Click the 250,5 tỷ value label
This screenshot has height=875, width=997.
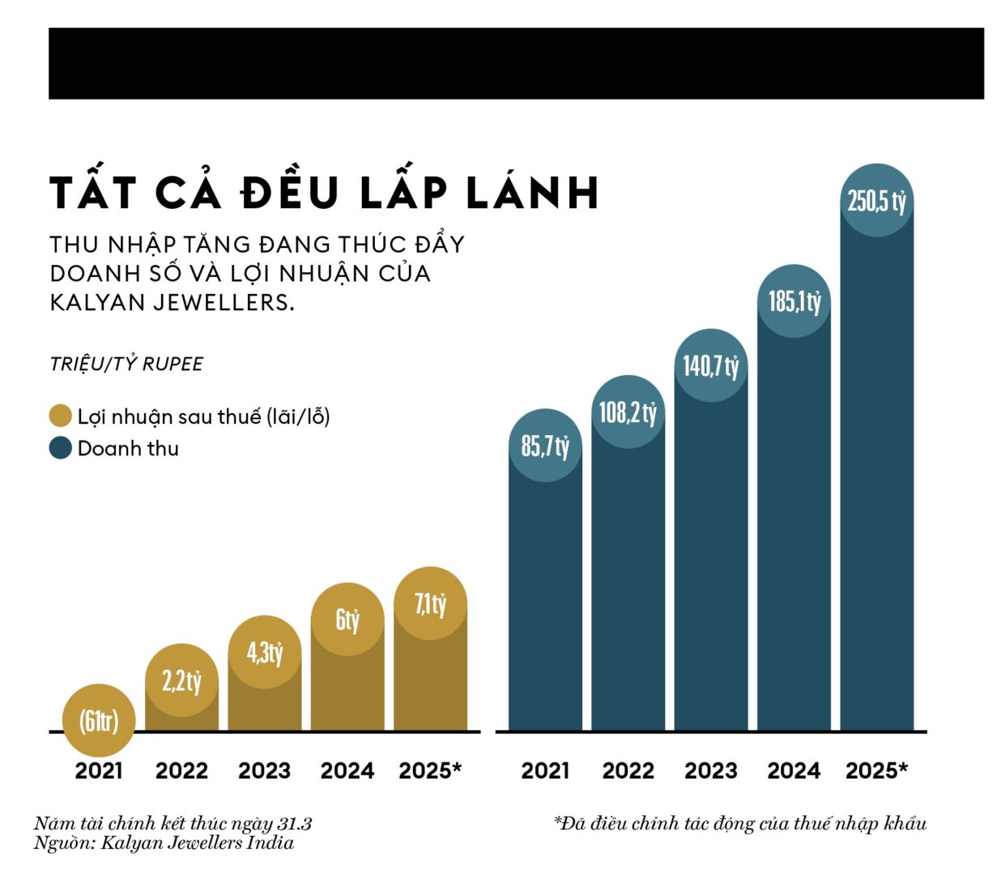point(877,201)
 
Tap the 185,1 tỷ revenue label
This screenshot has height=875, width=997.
point(795,301)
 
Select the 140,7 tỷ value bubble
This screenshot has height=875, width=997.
point(711,365)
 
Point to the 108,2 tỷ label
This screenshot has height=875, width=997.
point(628,412)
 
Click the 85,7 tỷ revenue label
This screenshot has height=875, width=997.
point(545,446)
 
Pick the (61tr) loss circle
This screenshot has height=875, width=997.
point(99,720)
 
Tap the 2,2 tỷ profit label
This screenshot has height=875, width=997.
point(181,681)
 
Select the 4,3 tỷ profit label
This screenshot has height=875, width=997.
point(265,652)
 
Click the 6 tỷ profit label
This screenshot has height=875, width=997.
point(347,620)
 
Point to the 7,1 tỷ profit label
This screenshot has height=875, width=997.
point(430,604)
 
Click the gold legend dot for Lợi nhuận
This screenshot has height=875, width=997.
point(61,416)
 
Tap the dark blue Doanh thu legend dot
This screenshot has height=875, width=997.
point(61,448)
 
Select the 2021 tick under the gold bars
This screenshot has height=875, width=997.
point(99,770)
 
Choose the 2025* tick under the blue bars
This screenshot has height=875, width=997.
point(877,770)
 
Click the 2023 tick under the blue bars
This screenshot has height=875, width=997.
point(711,770)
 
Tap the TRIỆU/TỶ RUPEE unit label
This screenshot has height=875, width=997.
point(126,364)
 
